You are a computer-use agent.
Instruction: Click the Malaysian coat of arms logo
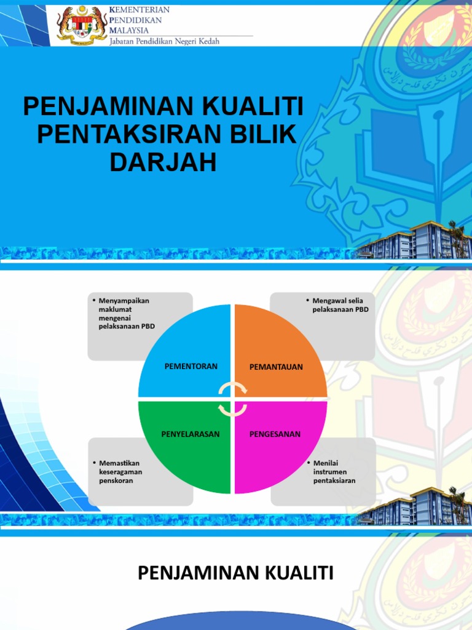(82, 25)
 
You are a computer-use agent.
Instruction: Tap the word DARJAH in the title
(163, 162)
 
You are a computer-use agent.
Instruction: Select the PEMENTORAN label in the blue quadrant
(191, 366)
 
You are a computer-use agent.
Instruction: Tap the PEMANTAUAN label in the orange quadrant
(276, 367)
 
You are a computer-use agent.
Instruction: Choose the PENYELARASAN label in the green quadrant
(191, 434)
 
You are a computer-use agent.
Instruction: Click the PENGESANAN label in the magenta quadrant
(275, 434)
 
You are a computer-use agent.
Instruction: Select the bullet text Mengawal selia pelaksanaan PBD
(340, 305)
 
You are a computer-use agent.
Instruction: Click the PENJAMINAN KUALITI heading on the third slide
(235, 573)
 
